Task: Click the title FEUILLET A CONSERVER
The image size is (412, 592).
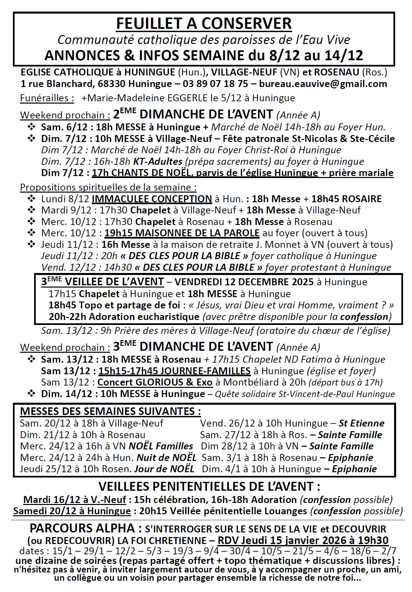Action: (x=204, y=24)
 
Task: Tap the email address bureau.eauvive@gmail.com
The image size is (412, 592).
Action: (x=323, y=84)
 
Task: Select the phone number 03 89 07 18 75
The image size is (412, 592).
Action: (x=215, y=84)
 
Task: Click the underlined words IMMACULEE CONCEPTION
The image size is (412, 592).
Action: (x=152, y=199)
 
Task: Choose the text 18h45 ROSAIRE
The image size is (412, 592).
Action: (x=346, y=199)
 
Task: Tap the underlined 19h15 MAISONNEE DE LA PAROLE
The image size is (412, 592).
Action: (x=182, y=233)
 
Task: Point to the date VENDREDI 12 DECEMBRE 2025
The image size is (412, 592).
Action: (x=244, y=282)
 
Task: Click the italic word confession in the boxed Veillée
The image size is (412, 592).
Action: (x=364, y=317)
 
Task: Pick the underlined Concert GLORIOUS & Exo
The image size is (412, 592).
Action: (x=155, y=382)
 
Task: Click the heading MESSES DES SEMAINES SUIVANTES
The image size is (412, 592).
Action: (x=110, y=411)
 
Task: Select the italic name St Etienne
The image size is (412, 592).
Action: (x=362, y=423)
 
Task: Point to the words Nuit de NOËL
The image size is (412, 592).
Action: (x=167, y=458)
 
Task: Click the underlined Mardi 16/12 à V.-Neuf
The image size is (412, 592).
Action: (x=75, y=500)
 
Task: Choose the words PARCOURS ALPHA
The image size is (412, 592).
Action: (x=82, y=528)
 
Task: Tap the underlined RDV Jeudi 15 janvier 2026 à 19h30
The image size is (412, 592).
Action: (x=303, y=540)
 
